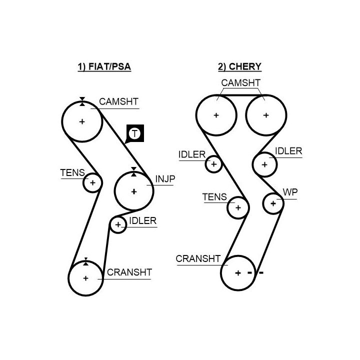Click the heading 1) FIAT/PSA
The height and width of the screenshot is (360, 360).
pos(104,66)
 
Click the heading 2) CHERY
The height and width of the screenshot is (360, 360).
pos(239,66)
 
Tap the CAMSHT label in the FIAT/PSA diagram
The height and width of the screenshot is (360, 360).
pos(118,101)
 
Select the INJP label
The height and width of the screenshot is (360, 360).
pos(165,178)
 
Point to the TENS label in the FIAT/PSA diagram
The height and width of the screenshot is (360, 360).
pos(72,173)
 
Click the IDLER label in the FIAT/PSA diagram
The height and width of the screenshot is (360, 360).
pos(142,220)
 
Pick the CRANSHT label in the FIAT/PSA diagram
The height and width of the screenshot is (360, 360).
pos(129,272)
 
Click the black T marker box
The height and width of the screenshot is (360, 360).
pos(134,133)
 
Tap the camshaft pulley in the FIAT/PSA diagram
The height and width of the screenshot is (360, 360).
pos(82,121)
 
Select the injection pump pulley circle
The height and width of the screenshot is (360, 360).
pos(133,191)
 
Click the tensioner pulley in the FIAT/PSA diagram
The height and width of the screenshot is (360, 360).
pos(92,183)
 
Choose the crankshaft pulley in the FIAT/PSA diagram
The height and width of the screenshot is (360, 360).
pos(85,278)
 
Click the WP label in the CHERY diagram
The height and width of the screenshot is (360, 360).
pos(289,192)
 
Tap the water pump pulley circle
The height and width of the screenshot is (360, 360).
pos(273,203)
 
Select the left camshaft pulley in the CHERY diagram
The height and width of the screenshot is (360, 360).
pos(216,115)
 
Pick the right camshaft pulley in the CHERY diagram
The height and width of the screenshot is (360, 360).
pos(265,115)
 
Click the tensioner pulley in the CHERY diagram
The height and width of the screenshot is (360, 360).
pos(238,207)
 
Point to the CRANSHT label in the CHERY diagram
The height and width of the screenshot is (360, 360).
pos(198,258)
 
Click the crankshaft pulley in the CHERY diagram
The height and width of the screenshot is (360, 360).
pos(238,273)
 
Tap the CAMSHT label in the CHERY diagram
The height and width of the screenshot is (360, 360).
pos(240,82)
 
